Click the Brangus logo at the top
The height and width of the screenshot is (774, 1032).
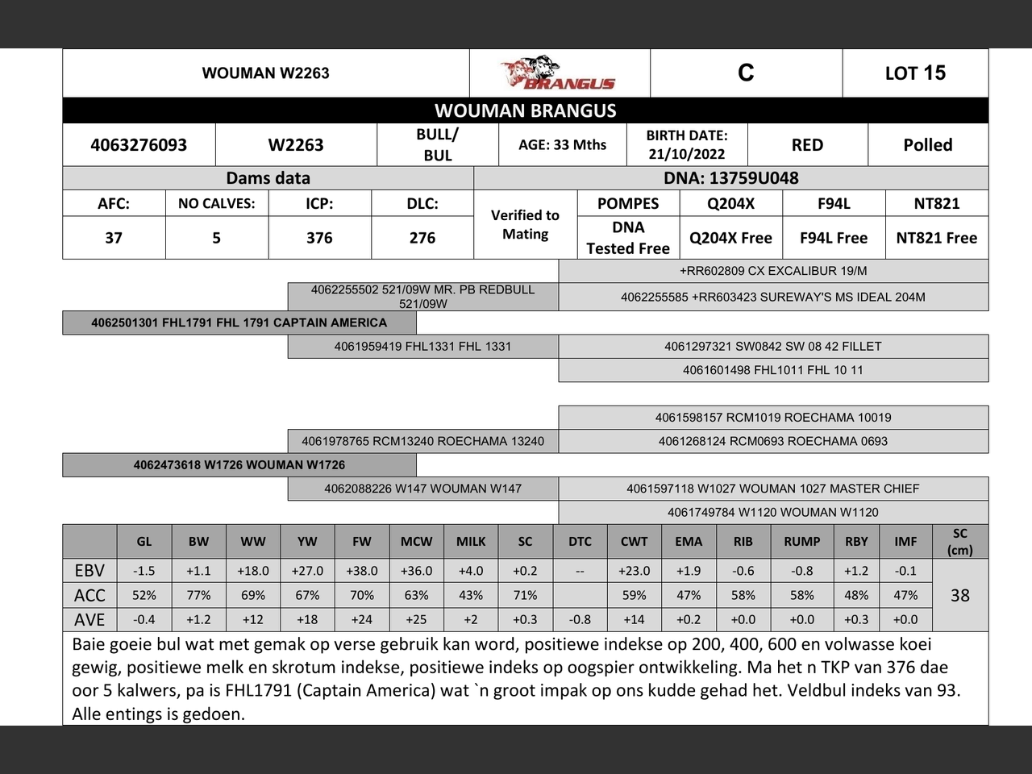coord(559,73)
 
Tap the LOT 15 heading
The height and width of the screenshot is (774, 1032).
coord(915,73)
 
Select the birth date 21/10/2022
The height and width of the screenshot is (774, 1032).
coord(686,154)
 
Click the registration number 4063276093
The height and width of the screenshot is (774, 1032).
coord(139,145)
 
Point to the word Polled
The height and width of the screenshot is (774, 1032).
coord(927,145)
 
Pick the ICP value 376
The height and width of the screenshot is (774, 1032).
coord(319,238)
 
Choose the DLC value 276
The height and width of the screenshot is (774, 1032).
coord(422,238)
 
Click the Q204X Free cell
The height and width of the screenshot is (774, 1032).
coord(730,238)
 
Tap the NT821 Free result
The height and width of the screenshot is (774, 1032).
coord(936,238)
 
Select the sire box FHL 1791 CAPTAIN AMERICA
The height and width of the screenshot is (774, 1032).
coord(239,322)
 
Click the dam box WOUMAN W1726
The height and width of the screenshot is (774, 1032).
coord(239,464)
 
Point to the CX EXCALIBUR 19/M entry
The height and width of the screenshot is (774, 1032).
coord(773,271)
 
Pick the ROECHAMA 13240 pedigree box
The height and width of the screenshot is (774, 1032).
coord(422,441)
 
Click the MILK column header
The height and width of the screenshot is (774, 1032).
coord(471,542)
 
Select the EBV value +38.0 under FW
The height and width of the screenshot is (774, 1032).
coord(362,571)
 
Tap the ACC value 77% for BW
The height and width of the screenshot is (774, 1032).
coord(198,595)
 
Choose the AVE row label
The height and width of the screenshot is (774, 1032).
coord(89,619)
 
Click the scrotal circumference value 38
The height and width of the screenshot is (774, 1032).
coord(959,595)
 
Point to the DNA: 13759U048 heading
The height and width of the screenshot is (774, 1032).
coord(730,178)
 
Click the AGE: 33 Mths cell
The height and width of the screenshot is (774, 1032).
coord(562,145)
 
